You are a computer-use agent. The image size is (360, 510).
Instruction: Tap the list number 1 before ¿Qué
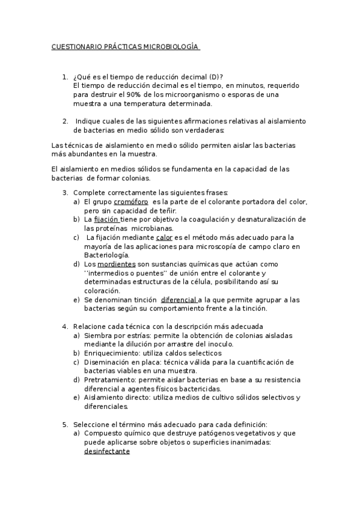point(64,77)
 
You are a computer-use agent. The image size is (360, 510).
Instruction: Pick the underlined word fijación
point(106,220)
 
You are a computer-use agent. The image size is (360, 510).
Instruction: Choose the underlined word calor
point(164,238)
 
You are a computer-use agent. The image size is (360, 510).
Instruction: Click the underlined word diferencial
point(178,300)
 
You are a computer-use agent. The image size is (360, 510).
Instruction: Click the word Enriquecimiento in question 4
point(110,353)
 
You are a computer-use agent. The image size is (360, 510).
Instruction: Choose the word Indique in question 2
point(90,121)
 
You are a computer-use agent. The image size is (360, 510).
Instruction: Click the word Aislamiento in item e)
point(103,398)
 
